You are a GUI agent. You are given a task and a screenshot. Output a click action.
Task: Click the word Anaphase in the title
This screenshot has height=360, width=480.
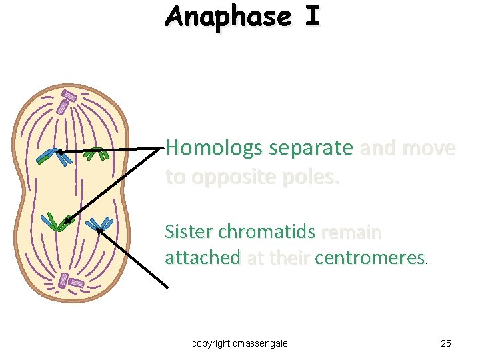[x=228, y=16]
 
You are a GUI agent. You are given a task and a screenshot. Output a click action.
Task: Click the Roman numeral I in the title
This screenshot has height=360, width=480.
[x=312, y=16]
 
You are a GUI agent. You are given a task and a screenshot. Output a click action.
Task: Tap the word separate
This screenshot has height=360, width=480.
[x=309, y=148]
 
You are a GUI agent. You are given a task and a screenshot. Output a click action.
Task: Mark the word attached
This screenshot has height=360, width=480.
[x=203, y=257]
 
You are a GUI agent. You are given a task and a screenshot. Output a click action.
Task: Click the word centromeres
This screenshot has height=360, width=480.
[x=369, y=257]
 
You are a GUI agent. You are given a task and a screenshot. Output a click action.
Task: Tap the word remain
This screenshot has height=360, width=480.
[x=351, y=232]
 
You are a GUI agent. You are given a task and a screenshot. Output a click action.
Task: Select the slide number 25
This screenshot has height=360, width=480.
[x=446, y=343]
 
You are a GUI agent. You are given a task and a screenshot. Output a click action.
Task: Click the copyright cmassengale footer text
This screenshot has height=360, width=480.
[x=240, y=343]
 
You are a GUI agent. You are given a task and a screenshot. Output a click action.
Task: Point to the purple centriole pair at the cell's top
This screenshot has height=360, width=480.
[x=67, y=101]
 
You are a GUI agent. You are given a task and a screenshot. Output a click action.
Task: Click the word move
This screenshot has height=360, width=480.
[x=430, y=148]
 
